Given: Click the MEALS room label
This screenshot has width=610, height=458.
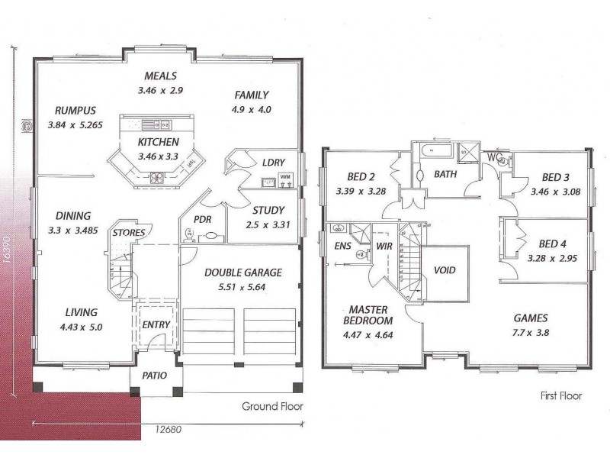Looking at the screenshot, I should [160, 76].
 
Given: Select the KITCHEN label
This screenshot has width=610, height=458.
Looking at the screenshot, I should [159, 143].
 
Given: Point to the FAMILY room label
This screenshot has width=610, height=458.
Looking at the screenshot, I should [251, 95].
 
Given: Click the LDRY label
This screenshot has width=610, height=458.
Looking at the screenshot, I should [273, 163].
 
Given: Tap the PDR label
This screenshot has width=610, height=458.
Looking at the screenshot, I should [202, 218].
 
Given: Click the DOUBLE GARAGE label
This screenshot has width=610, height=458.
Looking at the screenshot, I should [243, 272].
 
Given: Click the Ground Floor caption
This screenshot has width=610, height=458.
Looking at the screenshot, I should [272, 406].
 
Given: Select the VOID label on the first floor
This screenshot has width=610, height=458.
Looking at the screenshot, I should [445, 269].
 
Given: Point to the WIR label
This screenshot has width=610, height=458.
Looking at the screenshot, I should [383, 246].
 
